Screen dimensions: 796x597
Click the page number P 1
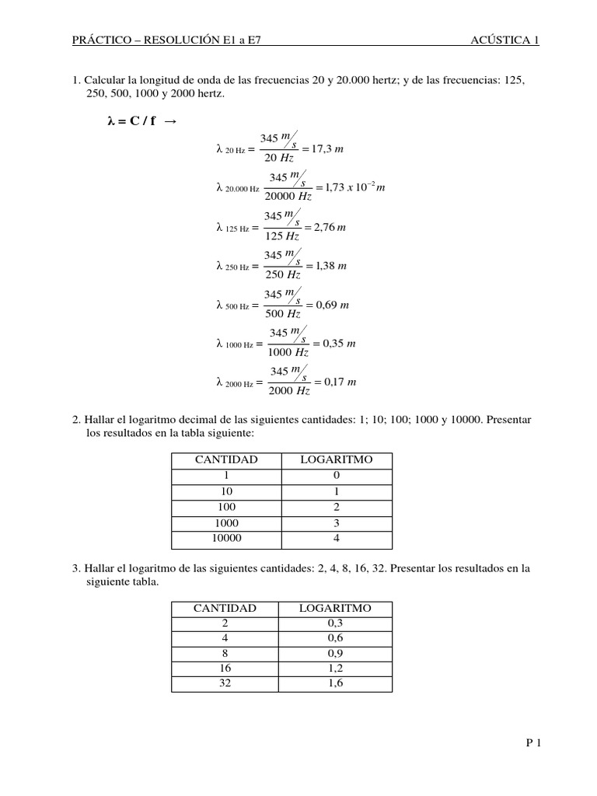tap(532, 742)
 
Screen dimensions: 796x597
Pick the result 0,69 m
tap(331, 305)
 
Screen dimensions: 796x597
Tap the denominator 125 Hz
tap(282, 236)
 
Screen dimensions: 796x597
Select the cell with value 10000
tap(226, 538)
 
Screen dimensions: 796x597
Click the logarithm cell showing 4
tap(337, 538)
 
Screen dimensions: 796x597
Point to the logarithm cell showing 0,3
tap(336, 623)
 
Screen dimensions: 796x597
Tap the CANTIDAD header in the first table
tap(225, 460)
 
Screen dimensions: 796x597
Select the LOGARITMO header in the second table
tap(336, 608)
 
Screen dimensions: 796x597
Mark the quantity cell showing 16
tap(225, 668)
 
